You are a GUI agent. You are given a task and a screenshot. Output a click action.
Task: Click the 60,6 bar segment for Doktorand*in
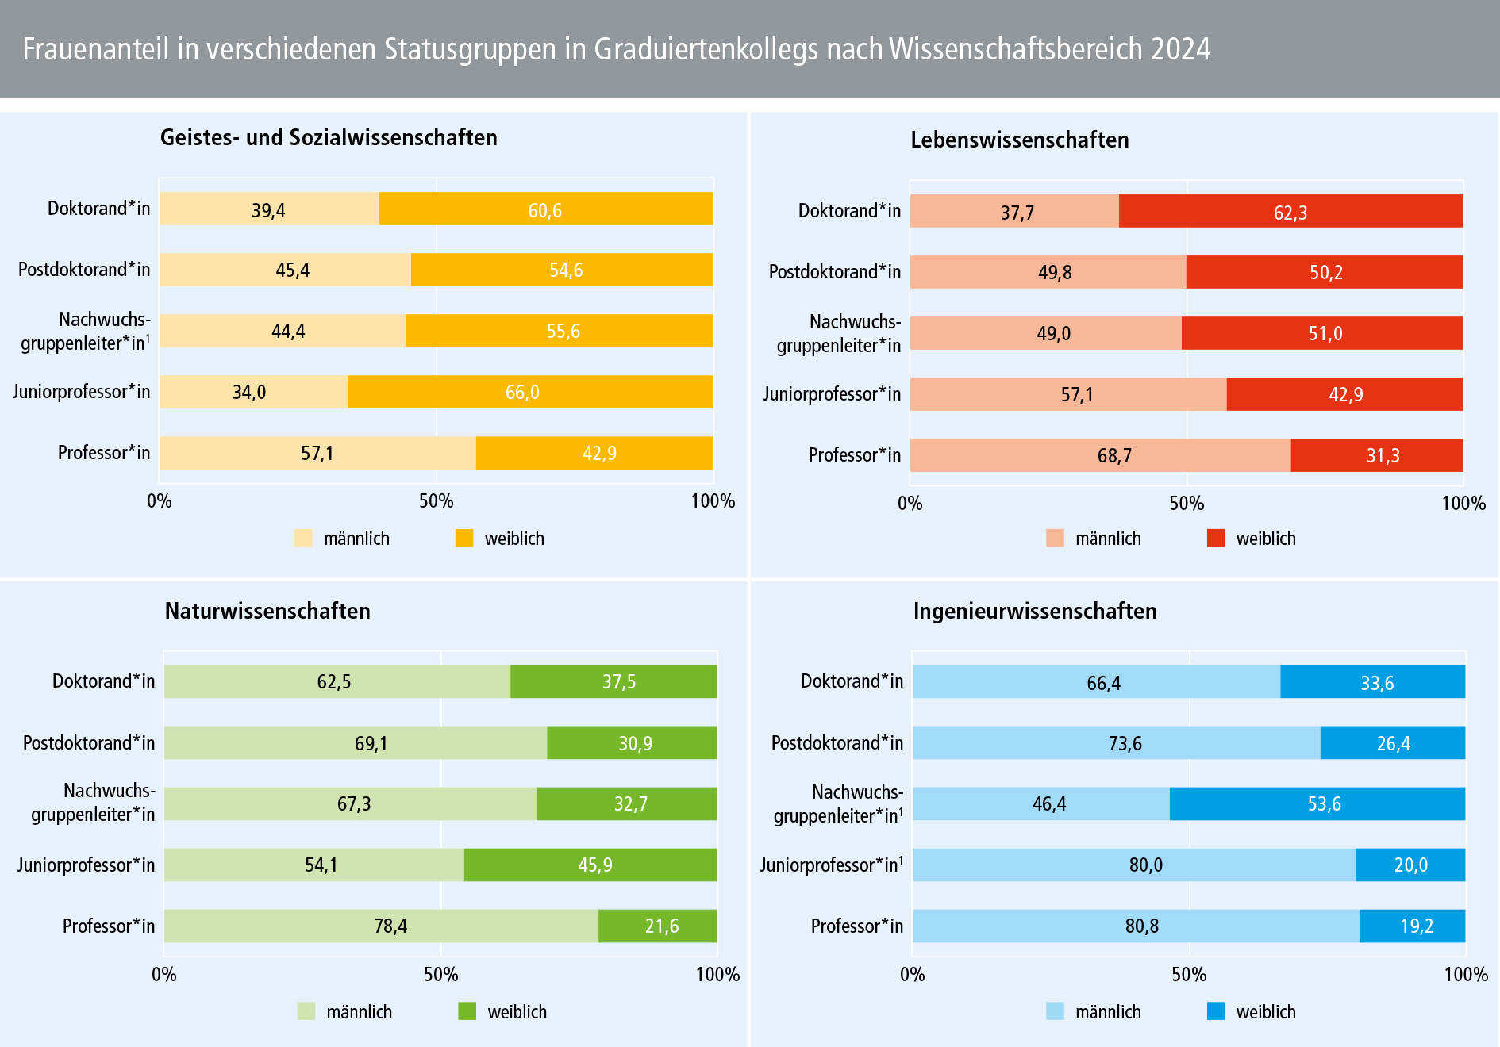pyautogui.click(x=545, y=209)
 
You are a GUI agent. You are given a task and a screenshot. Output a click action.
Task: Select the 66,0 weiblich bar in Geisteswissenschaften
pyautogui.click(x=530, y=392)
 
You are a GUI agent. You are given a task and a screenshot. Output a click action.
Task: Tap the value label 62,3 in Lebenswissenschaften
pyautogui.click(x=1290, y=213)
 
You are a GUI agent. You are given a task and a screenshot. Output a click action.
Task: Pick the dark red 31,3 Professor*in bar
pyautogui.click(x=1376, y=455)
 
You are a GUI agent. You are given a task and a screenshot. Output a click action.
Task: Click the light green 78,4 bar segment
pyautogui.click(x=381, y=926)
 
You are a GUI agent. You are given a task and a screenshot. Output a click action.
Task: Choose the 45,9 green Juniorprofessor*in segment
pyautogui.click(x=590, y=865)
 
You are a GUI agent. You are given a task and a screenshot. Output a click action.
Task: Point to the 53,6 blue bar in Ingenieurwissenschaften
pyautogui.click(x=1317, y=803)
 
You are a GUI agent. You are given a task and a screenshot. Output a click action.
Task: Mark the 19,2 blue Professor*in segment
pyautogui.click(x=1413, y=926)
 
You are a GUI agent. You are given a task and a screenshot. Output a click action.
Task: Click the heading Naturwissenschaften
pyautogui.click(x=267, y=611)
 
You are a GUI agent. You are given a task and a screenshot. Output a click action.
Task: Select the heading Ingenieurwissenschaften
pyautogui.click(x=1035, y=611)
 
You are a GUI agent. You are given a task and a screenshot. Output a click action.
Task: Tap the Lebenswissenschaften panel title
pyautogui.click(x=1019, y=140)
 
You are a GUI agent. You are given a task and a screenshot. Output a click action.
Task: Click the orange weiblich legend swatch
pyautogui.click(x=464, y=538)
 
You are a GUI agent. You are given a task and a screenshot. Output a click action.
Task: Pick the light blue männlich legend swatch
pyautogui.click(x=1055, y=1011)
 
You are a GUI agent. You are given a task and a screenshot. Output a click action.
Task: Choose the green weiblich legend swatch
pyautogui.click(x=467, y=1011)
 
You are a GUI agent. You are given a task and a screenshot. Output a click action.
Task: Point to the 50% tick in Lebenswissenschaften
pyautogui.click(x=1187, y=504)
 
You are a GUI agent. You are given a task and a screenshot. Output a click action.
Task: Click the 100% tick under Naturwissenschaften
pyautogui.click(x=717, y=975)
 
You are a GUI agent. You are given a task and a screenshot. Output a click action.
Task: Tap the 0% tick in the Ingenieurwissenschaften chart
pyautogui.click(x=913, y=975)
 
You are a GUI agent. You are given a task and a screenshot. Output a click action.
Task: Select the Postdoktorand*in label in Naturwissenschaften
pyautogui.click(x=89, y=743)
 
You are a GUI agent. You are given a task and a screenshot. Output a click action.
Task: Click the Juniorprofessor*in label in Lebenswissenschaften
pyautogui.click(x=832, y=394)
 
